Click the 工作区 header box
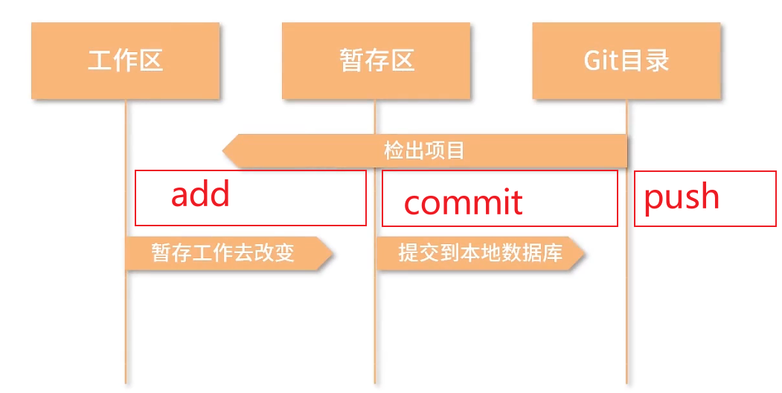pos(125,60)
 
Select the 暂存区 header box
pos(376,60)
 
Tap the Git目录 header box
pos(626,60)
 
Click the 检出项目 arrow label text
pos(424,150)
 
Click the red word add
pos(200,194)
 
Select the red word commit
pos(463,202)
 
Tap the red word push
pos(682,197)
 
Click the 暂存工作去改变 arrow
pos(223,253)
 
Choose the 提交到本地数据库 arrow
pos(476,253)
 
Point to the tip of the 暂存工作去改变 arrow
pos(330,253)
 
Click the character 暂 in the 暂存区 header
pos(351,60)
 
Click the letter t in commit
pos(516,202)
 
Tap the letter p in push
pos(653,199)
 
